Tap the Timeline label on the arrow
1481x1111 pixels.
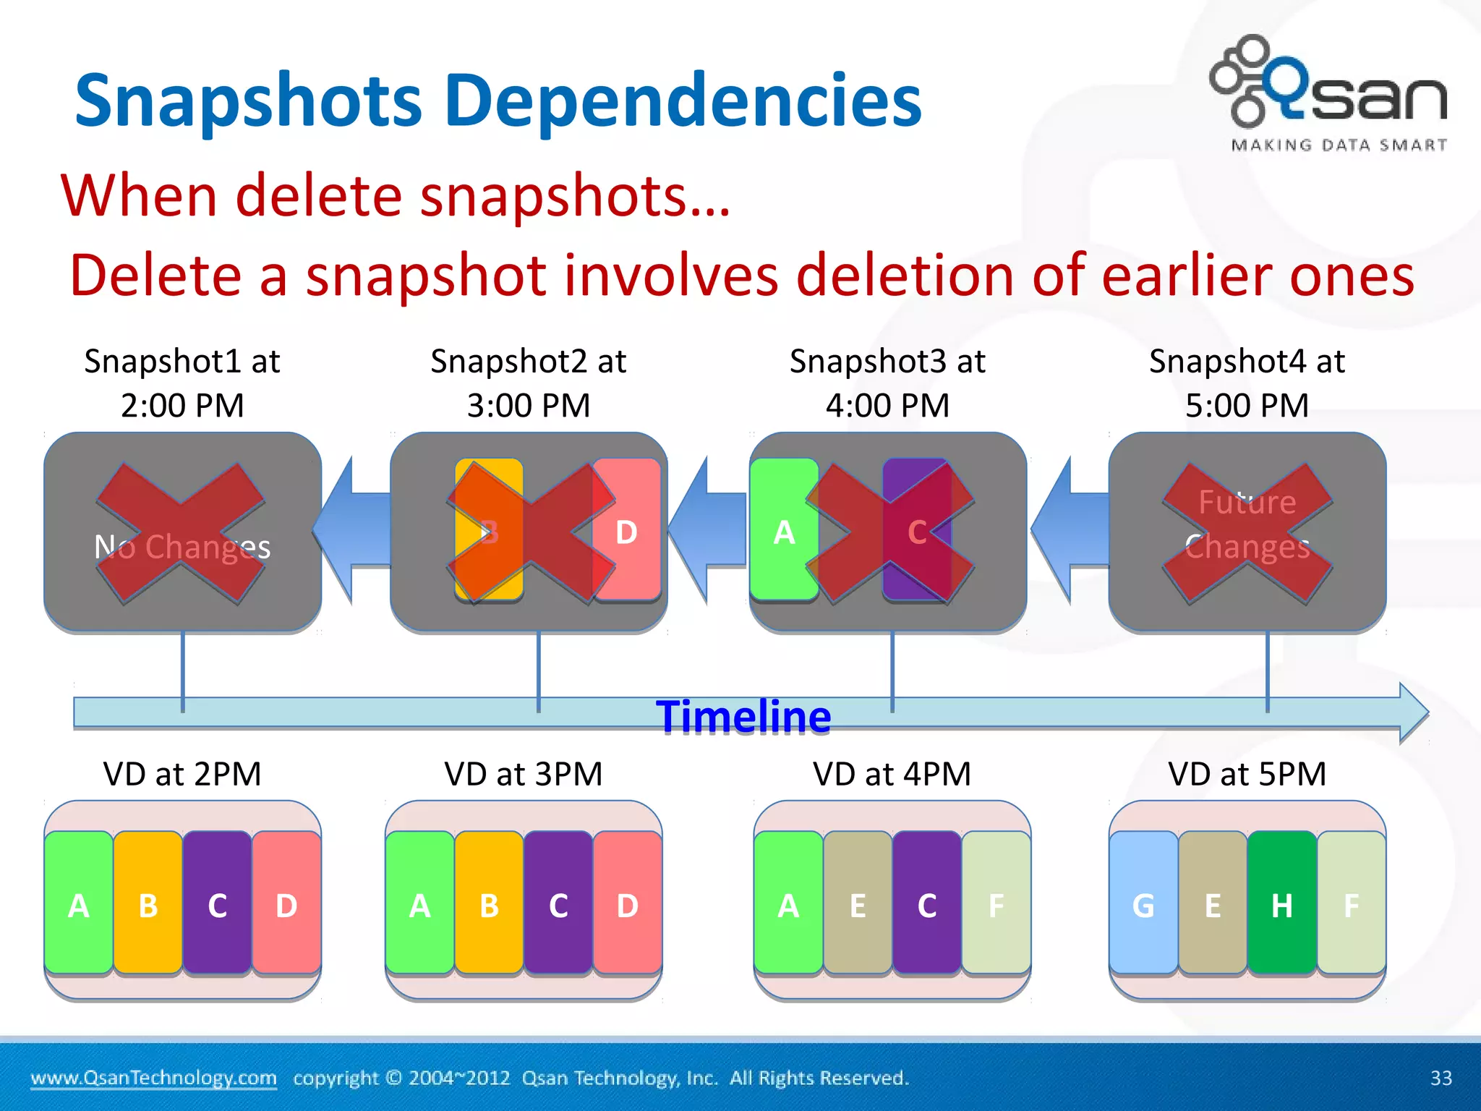pos(743,717)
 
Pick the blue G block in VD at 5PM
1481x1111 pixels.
pos(1143,904)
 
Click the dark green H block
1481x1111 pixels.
pos(1281,904)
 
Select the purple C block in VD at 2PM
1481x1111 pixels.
pos(217,904)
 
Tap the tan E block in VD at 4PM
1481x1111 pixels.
pos(858,904)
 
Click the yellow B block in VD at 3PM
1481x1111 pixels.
pos(489,904)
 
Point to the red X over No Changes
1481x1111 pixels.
pos(181,533)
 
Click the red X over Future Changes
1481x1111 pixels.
pos(1247,533)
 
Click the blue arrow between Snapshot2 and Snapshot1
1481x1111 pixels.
pos(352,530)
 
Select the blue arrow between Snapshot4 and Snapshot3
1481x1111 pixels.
pos(1069,530)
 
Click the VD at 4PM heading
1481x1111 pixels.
pos(891,774)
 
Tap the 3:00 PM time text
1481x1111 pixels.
pos(529,405)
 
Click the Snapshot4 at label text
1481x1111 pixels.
pos(1247,361)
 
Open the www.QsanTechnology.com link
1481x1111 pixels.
pos(153,1078)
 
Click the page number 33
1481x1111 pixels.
pos(1441,1078)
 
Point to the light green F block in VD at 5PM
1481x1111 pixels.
pos(1351,904)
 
